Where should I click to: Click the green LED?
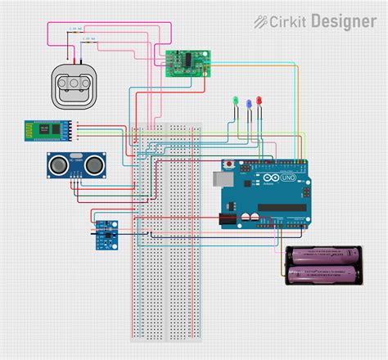(235, 101)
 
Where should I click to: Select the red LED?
(259, 100)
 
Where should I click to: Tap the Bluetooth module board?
(47, 130)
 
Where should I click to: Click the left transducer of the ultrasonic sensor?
(58, 165)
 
